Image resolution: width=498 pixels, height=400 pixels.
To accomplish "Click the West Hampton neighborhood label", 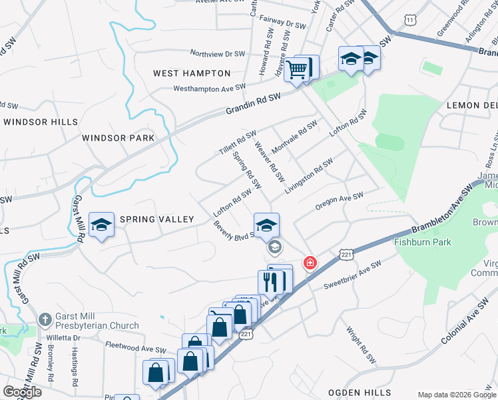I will click(192, 73).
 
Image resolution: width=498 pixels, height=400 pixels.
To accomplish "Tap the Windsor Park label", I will click(118, 138).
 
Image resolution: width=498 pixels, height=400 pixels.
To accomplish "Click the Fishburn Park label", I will click(423, 242).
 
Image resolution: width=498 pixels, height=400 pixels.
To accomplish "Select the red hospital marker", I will click(310, 263).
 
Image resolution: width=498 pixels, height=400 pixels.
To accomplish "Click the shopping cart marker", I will click(297, 68).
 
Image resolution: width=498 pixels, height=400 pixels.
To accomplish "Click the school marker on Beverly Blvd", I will click(266, 225).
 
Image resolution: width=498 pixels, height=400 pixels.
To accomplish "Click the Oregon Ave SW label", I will click(339, 201).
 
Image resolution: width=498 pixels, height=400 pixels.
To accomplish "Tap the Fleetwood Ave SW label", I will click(136, 348).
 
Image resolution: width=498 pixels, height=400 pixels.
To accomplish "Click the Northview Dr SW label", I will click(218, 53).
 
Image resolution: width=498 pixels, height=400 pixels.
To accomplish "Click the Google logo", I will click(22, 392).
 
